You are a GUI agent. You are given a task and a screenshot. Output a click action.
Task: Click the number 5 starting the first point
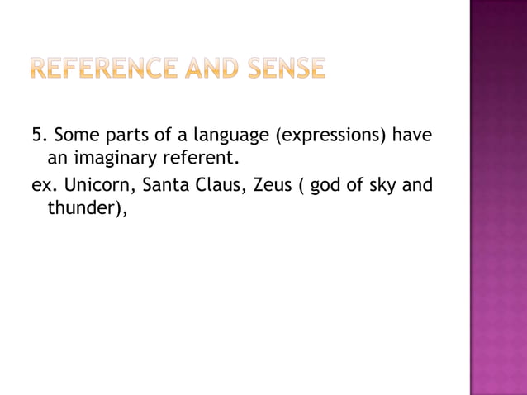36,135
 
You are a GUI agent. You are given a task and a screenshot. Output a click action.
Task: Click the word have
412,135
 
